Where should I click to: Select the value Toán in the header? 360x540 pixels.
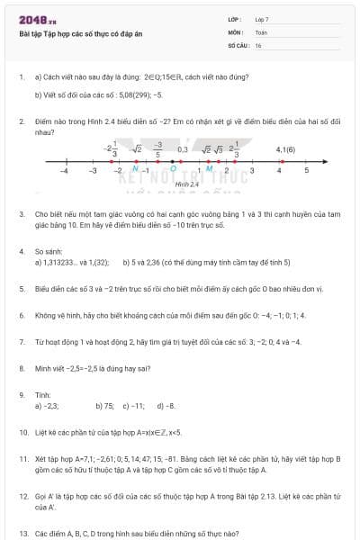coord(261,31)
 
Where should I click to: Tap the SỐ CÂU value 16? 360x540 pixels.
coord(258,44)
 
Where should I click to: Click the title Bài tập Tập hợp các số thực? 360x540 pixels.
coord(80,34)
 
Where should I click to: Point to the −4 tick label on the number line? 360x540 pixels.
coord(64,169)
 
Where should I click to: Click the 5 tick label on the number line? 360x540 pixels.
coord(307,169)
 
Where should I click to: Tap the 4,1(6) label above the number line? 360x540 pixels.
coord(286,149)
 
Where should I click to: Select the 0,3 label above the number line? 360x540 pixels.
coord(183,149)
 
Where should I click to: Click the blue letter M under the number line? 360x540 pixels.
coord(210,168)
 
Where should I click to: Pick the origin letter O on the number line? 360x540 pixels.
coord(173,168)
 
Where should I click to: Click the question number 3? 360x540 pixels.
coord(22,214)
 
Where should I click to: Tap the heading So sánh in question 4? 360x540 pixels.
coord(47,251)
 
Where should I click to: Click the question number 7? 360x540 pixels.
coord(22,342)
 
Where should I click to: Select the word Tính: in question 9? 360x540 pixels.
coord(42,394)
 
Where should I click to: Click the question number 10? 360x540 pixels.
coord(23,432)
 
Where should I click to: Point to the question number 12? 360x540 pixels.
coord(23,496)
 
